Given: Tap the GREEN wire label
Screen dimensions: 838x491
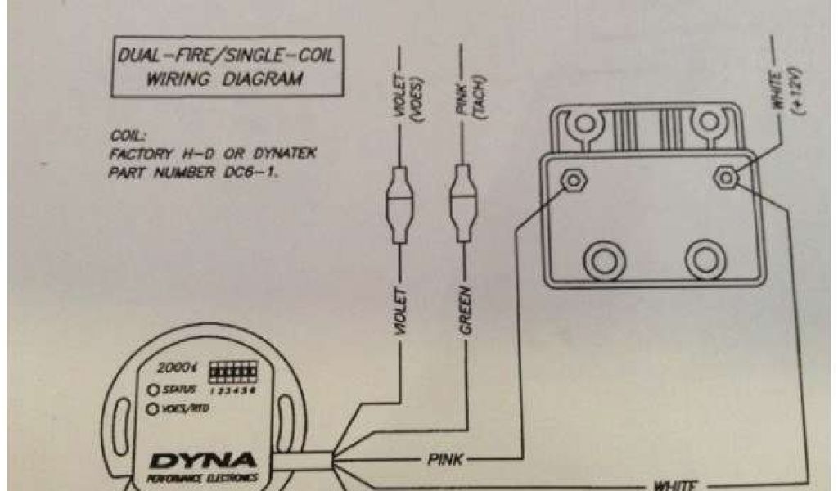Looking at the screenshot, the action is pos(466,312).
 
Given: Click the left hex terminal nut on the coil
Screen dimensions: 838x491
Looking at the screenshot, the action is pos(571,178).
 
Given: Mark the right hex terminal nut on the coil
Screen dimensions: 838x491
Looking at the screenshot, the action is pos(725,177).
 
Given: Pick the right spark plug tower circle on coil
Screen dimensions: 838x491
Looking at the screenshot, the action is pos(705,260).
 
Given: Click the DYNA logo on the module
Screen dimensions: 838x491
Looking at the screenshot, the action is pos(202,461).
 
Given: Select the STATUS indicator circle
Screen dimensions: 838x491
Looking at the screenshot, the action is pos(152,390).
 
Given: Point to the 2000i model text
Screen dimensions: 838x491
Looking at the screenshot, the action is pos(179,368).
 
